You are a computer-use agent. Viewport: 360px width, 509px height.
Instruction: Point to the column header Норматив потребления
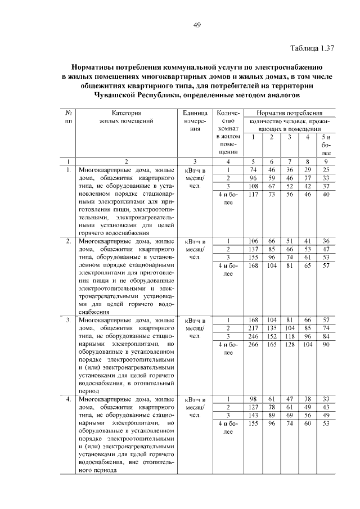coord(290,113)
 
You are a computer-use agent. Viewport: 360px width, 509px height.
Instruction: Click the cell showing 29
coord(308,169)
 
